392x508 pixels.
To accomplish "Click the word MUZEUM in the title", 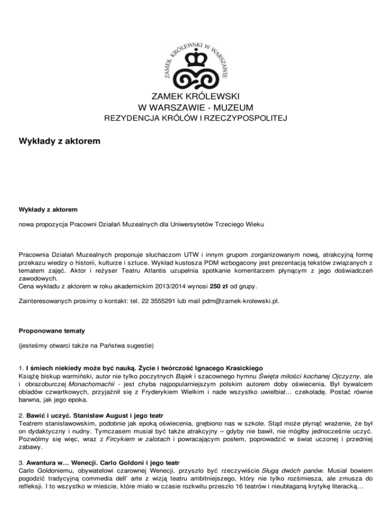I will pyautogui.click(x=231, y=107).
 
